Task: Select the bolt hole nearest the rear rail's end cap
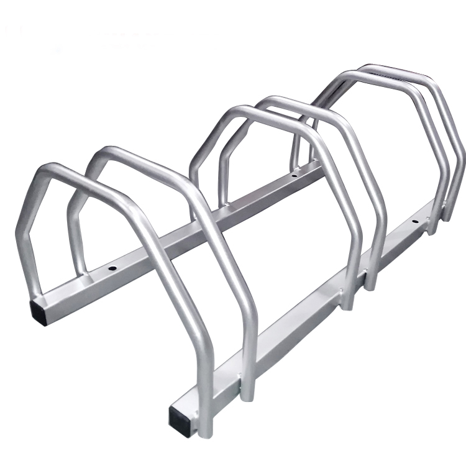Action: (114, 268)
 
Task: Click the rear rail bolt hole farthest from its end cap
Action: (294, 176)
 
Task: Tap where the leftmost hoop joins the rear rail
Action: (29, 290)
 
